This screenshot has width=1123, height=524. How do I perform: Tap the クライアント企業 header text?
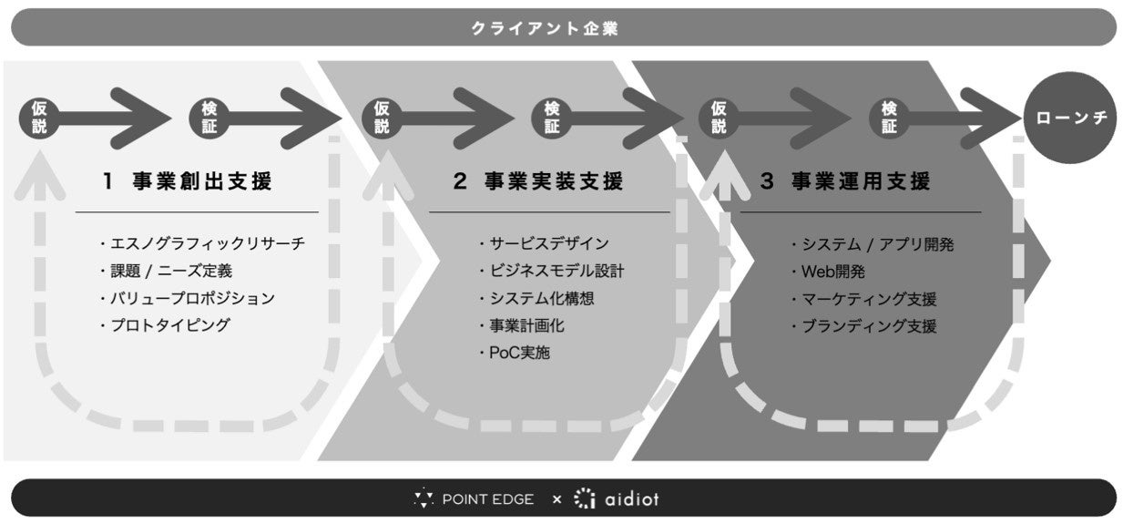coord(545,28)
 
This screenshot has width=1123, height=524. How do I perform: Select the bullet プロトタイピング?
coord(169,324)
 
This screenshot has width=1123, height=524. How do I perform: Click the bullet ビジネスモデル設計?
coord(556,271)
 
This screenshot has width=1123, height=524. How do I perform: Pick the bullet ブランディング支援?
coord(869,325)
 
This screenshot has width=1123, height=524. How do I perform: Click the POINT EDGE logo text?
coord(488,499)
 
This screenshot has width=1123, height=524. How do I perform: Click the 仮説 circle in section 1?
coord(39,118)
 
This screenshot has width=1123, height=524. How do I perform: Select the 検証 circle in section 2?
coord(552,118)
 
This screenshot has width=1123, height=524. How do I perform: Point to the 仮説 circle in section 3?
coord(720,118)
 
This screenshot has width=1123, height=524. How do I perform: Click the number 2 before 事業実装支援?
coord(460,181)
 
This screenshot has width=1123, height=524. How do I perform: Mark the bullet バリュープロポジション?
coord(192,298)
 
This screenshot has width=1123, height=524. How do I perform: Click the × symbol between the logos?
coord(556,499)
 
